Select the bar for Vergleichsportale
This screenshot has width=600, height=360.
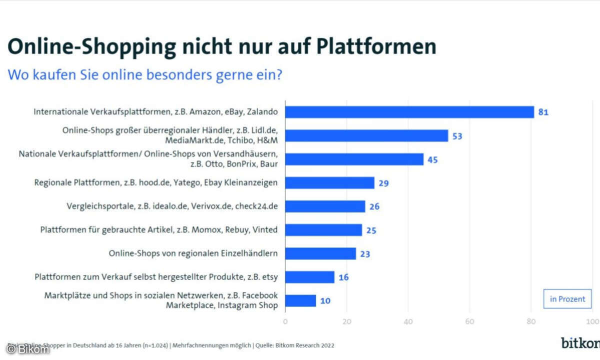[x=325, y=206]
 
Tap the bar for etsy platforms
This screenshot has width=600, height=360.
[x=309, y=277]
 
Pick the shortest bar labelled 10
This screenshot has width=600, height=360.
[x=300, y=300]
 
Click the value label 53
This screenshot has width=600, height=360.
[x=457, y=136]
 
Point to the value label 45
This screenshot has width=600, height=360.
[x=432, y=160]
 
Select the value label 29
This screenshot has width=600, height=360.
[x=383, y=183]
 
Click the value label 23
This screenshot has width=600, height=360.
[x=365, y=254]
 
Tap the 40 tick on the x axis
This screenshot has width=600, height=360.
[x=408, y=321]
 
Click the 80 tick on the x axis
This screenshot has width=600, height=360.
[x=531, y=321]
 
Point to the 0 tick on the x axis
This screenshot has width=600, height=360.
[x=285, y=321]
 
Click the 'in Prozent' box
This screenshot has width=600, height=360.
[x=567, y=299]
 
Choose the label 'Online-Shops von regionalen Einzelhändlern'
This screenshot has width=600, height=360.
[x=193, y=253]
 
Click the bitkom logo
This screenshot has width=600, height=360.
[x=580, y=343]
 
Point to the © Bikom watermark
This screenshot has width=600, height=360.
[x=28, y=349]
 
